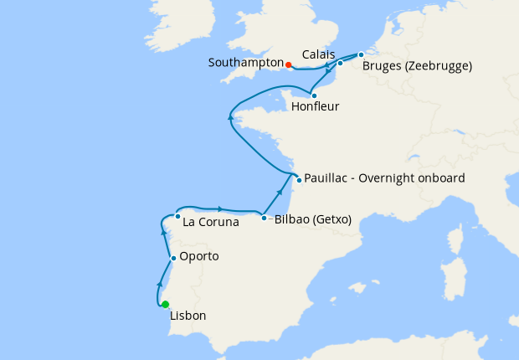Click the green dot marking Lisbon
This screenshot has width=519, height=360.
(x=166, y=305)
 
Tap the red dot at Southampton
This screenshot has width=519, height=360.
(x=288, y=64)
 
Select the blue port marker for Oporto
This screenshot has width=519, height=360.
(x=173, y=258)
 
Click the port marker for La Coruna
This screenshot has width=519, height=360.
(x=177, y=217)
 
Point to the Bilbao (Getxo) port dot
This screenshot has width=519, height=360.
(x=265, y=219)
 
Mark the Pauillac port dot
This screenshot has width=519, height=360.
(x=298, y=179)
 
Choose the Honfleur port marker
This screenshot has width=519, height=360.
(x=314, y=95)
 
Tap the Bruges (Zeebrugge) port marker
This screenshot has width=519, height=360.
(x=361, y=55)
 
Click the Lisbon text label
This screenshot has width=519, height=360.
(x=188, y=316)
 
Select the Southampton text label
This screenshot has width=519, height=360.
(x=246, y=64)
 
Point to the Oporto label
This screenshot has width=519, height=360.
(x=199, y=256)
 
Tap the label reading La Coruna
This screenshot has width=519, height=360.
(x=210, y=223)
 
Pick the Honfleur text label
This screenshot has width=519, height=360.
(x=315, y=107)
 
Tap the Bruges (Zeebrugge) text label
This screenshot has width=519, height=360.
(x=417, y=65)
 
